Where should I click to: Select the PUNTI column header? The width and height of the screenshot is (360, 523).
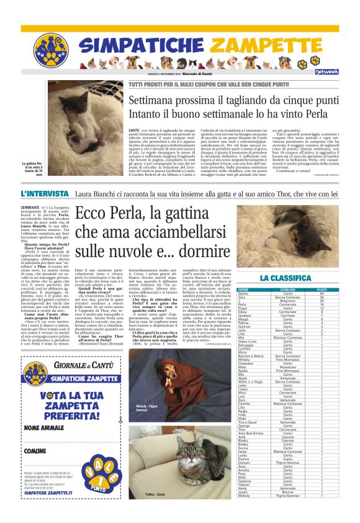(x=322, y=289)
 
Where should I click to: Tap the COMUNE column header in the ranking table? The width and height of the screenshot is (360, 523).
(x=288, y=289)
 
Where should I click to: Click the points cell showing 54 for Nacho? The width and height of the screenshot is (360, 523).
(x=322, y=293)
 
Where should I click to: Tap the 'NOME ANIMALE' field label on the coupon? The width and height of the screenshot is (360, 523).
(x=44, y=428)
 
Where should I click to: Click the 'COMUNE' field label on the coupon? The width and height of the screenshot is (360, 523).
(x=35, y=450)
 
